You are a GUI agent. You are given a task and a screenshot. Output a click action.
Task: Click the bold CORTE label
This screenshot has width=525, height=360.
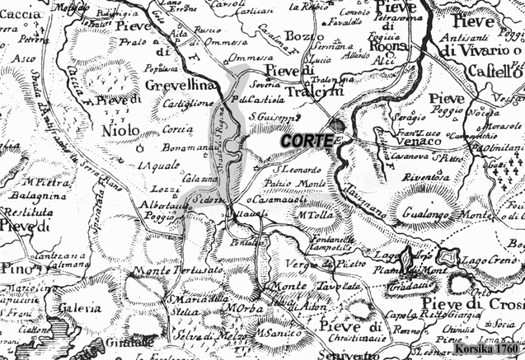point(307,141)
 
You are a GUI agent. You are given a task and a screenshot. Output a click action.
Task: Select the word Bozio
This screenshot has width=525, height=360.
point(299,36)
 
